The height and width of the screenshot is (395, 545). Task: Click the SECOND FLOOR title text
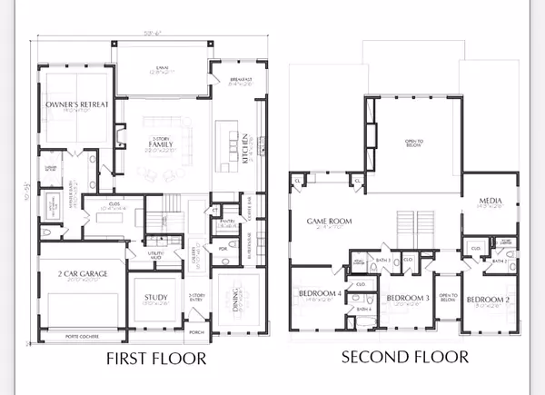coord(405,357)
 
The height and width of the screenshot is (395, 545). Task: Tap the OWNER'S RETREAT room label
coord(77,104)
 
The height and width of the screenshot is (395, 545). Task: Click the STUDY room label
coord(157,298)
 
